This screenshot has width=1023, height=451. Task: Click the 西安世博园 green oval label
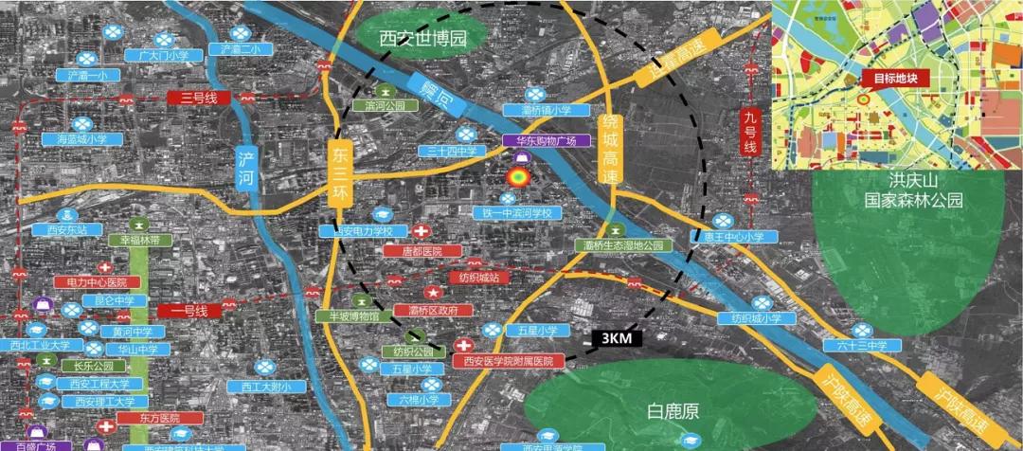[x=423, y=40]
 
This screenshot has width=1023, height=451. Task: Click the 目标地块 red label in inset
[x=896, y=80]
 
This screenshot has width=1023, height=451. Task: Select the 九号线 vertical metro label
[x=749, y=134]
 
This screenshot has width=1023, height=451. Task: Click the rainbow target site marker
[x=517, y=178]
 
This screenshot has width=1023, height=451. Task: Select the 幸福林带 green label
[x=139, y=241]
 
